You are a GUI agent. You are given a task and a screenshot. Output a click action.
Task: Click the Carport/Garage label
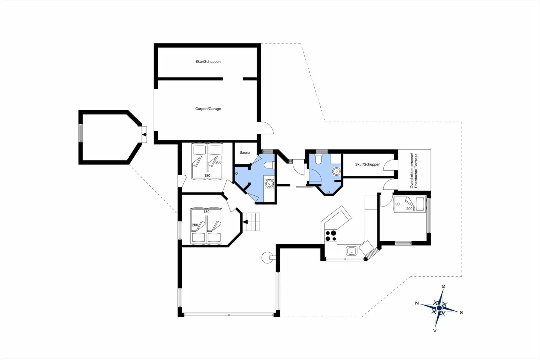(x=208, y=109)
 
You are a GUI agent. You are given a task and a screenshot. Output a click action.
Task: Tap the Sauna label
(x=245, y=153)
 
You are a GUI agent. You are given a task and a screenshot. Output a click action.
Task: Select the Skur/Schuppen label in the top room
(x=208, y=62)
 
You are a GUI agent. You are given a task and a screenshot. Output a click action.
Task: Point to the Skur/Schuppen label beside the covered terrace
(x=368, y=164)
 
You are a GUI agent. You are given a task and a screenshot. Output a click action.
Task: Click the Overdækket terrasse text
(x=412, y=171)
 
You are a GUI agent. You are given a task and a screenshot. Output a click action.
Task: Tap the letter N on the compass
(x=417, y=303)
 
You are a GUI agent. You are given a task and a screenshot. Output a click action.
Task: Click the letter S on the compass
(x=461, y=312)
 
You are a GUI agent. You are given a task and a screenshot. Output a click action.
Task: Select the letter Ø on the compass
(x=444, y=286)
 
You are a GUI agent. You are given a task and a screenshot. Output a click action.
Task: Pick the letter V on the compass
(x=435, y=331)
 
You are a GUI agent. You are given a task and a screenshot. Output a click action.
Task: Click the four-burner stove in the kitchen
(x=331, y=236)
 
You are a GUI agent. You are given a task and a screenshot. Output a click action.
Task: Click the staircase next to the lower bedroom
(x=251, y=222)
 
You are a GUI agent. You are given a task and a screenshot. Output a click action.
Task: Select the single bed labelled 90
(x=409, y=204)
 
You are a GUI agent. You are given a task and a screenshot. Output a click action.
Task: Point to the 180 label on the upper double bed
(x=207, y=175)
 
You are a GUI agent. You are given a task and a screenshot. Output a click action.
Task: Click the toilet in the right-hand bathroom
(x=318, y=159)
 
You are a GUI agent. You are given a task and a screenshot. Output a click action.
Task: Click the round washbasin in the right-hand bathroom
(x=336, y=171)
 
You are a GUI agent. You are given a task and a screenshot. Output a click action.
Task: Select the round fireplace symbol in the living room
(x=267, y=258)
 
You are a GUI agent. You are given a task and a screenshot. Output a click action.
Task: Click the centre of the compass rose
(x=439, y=308)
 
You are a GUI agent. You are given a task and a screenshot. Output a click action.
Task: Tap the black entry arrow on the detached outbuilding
(x=144, y=135)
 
